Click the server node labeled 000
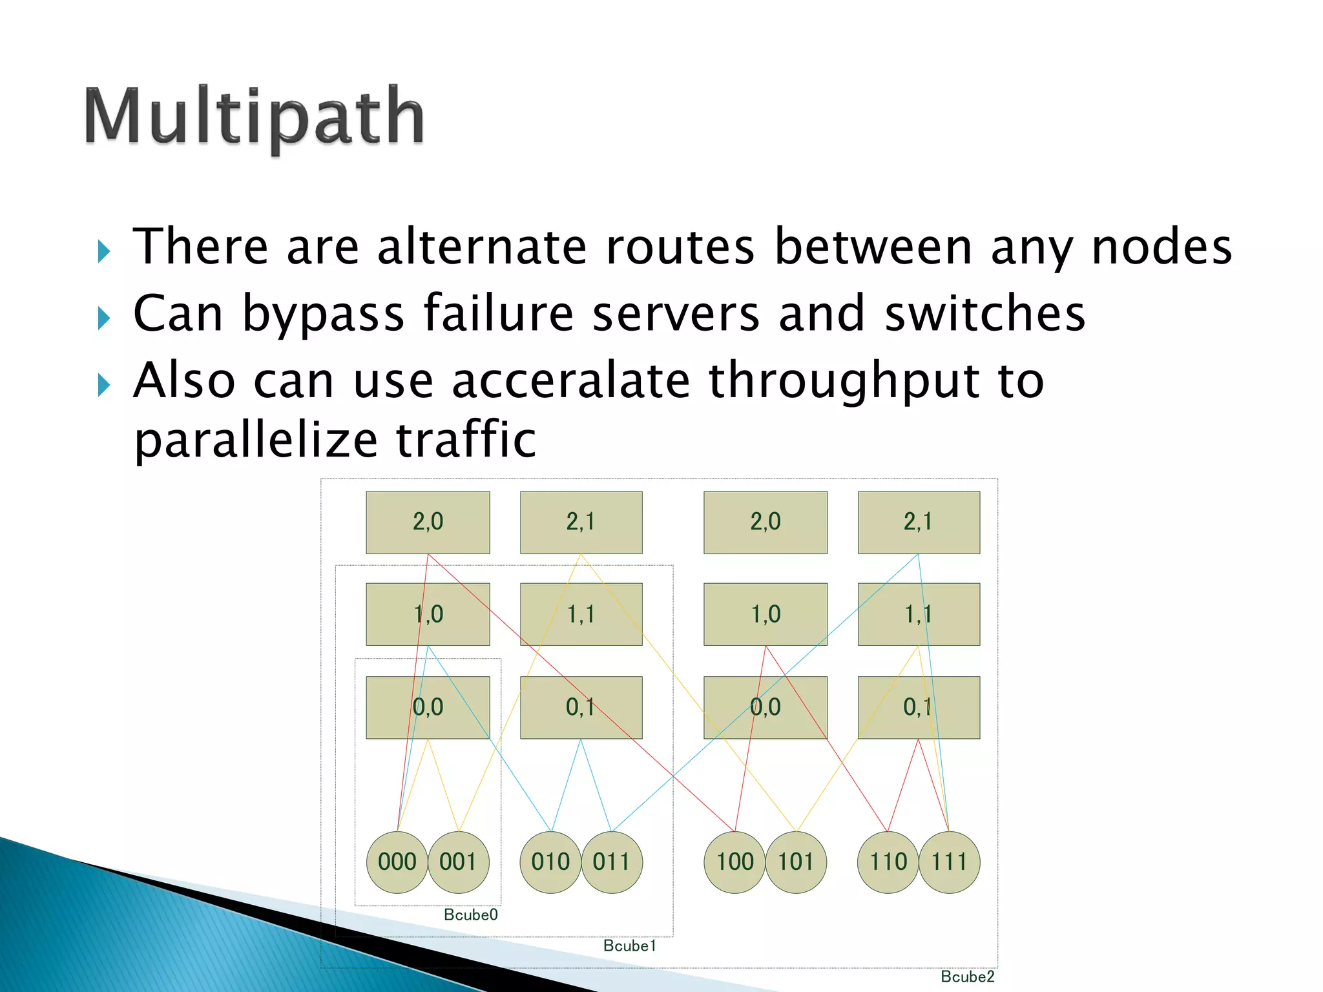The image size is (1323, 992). tap(397, 862)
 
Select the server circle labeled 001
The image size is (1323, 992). tap(458, 862)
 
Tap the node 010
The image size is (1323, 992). tap(550, 862)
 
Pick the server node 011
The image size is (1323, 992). tap(612, 862)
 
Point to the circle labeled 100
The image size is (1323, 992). tap(734, 862)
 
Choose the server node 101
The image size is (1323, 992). tap(796, 862)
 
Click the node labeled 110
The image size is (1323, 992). tap(888, 862)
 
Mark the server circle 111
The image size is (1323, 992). tap(949, 862)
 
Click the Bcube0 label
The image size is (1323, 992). tap(470, 914)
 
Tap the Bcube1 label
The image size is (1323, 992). tap(629, 945)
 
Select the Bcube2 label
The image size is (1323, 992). tap(967, 976)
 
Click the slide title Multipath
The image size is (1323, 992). tap(254, 118)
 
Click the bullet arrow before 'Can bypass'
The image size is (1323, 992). tap(104, 318)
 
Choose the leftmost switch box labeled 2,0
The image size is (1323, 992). tap(428, 522)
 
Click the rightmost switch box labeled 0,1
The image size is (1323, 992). tap(918, 707)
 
